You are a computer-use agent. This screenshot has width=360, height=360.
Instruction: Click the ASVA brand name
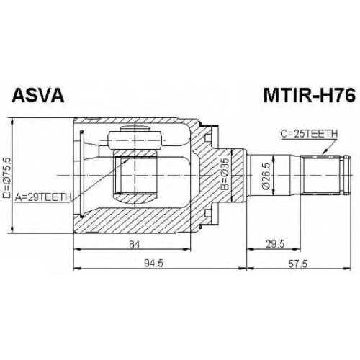38,95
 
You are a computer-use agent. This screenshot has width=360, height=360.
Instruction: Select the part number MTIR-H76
309,95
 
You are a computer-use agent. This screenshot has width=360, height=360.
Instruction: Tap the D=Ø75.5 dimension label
6,178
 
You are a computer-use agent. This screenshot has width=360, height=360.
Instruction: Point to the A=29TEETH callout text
43,197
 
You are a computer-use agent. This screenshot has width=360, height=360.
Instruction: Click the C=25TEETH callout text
309,134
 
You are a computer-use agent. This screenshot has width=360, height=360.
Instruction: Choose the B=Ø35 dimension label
225,174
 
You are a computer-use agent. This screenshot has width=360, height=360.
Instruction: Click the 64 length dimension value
134,245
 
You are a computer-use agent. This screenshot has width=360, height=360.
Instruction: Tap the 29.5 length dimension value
275,244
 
